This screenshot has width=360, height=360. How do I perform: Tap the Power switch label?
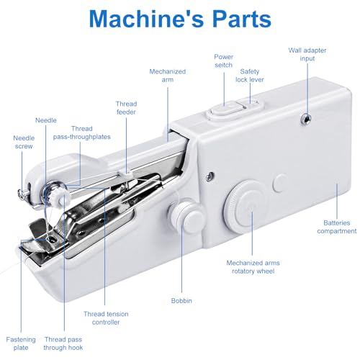(223, 60)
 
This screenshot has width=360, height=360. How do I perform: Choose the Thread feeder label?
(126, 108)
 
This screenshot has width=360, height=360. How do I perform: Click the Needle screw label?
(22, 142)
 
